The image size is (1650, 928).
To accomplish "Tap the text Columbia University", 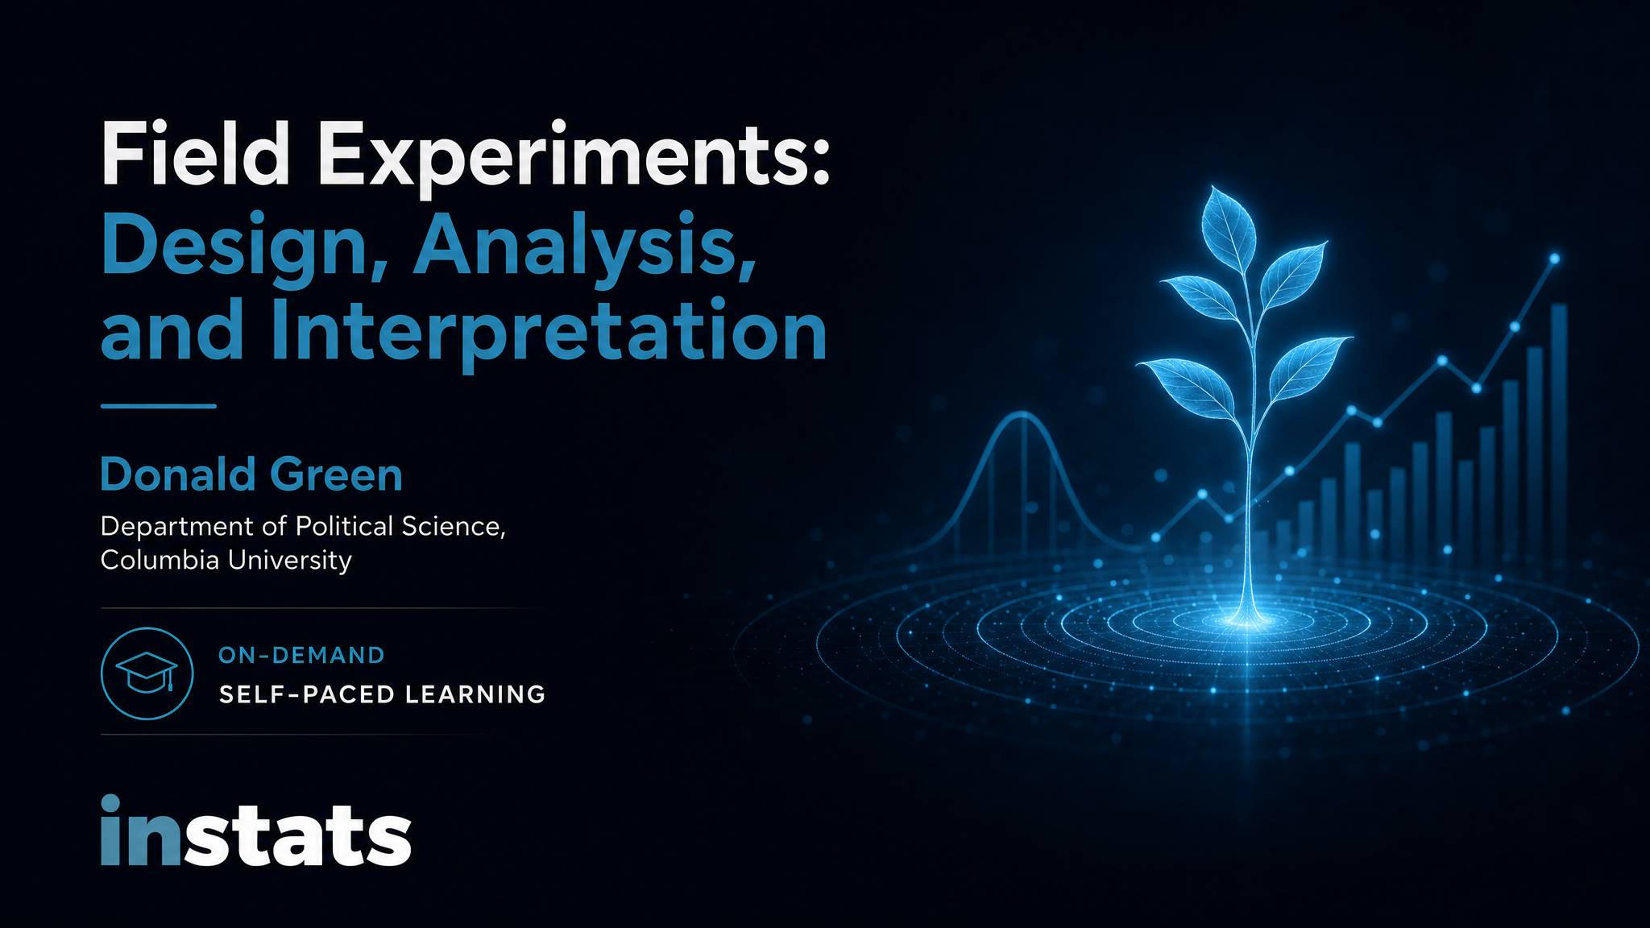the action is click(226, 560).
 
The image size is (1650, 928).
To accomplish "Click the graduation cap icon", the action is click(147, 673).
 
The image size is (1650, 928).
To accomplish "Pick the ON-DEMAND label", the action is click(301, 655).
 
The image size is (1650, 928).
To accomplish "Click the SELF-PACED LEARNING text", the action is click(382, 694).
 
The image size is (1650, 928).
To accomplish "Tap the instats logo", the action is click(256, 831).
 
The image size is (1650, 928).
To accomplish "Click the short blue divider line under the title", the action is click(159, 406).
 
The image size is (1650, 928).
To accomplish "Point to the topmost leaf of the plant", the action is click(1228, 226).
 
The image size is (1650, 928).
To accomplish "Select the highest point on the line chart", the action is click(1554, 259).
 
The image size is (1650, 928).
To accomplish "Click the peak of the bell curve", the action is click(1023, 414).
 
